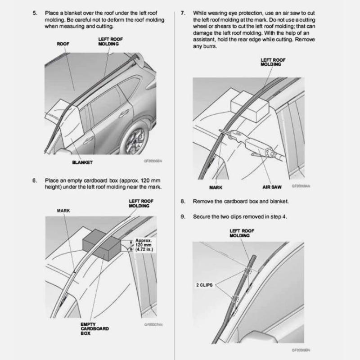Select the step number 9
pyautogui.click(x=183, y=216)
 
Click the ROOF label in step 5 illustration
pyautogui.click(x=63, y=44)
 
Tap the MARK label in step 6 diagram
pyautogui.click(x=63, y=210)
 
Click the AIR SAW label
pyautogui.click(x=271, y=187)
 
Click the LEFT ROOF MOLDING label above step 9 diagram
pyautogui.click(x=242, y=233)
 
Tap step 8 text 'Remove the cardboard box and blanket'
pyautogui.click(x=241, y=201)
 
